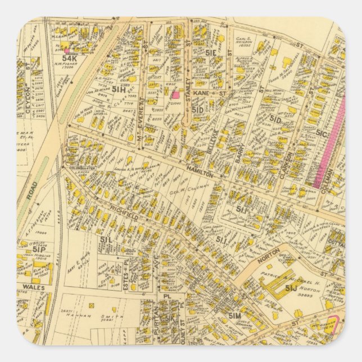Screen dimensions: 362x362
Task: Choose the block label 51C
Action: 322,133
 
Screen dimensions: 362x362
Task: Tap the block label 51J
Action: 290,288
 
